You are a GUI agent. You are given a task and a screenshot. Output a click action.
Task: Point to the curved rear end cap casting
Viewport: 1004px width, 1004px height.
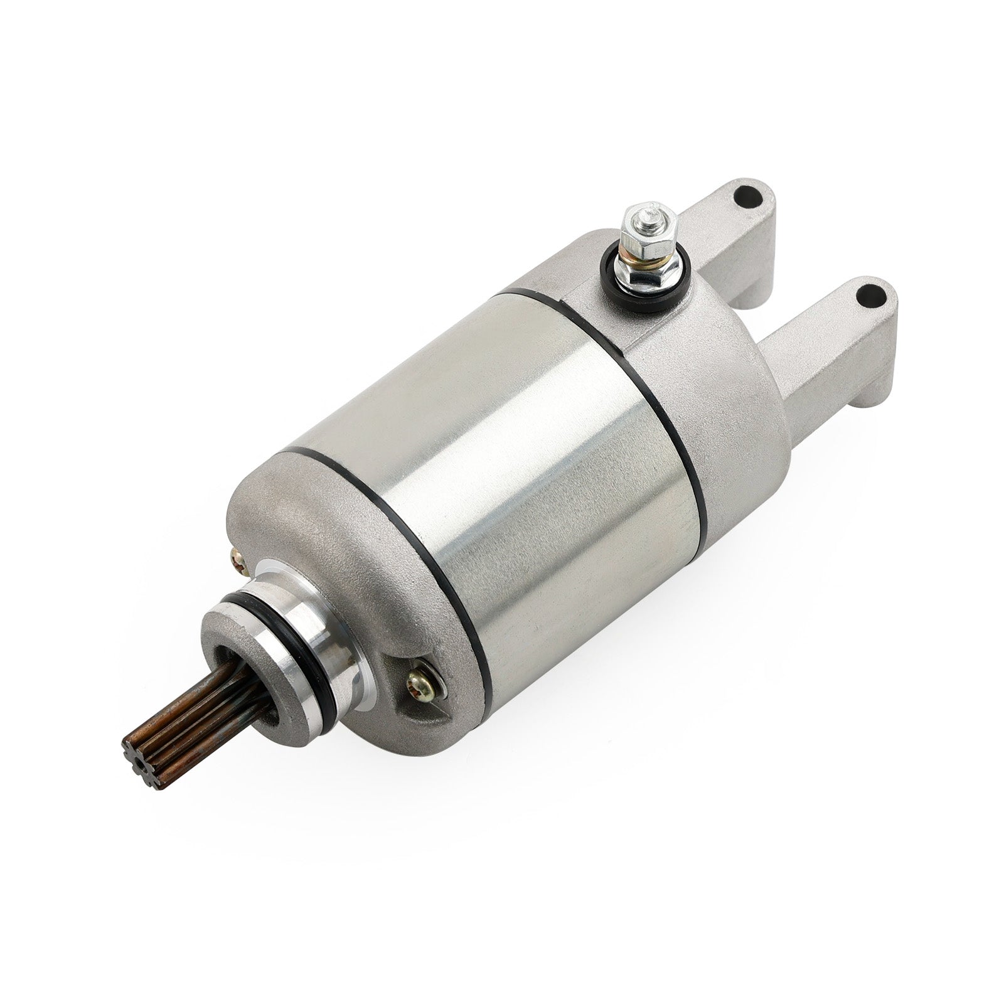(722, 351)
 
